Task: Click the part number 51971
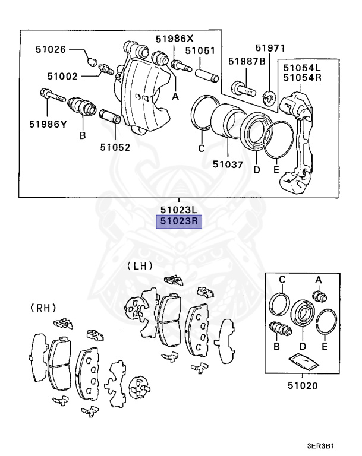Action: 270,47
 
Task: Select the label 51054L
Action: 302,68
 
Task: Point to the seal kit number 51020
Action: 302,385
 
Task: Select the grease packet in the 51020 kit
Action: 302,363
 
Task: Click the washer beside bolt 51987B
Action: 269,93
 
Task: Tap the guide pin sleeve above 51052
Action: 109,117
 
